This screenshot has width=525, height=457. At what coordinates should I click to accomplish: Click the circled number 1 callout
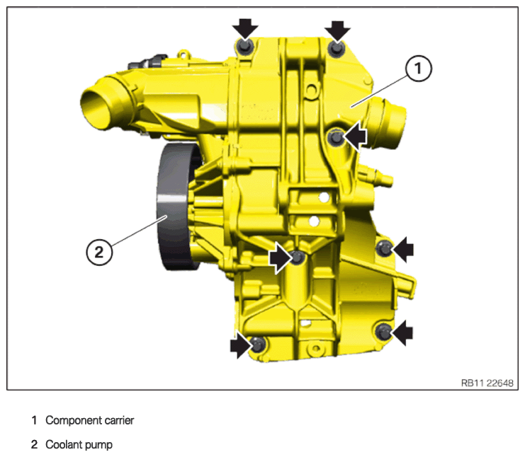click(418, 69)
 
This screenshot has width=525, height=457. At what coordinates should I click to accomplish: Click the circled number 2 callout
click(99, 252)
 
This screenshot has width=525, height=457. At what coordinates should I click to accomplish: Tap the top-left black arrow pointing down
click(245, 29)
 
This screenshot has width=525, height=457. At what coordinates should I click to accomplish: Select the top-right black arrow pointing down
click(337, 30)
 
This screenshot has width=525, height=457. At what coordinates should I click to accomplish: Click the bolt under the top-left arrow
click(244, 46)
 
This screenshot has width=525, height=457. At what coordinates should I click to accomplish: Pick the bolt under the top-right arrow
click(336, 49)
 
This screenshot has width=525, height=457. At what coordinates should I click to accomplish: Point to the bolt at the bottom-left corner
click(258, 345)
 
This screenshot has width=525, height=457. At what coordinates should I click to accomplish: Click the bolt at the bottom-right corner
click(383, 331)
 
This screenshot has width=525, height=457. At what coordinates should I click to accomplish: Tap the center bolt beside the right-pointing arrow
click(297, 257)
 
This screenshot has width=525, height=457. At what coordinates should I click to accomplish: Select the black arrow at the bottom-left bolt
click(241, 345)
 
